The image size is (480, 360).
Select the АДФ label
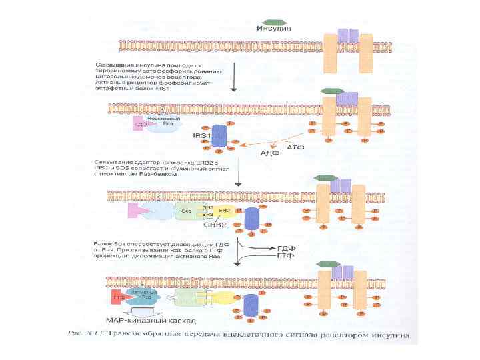(x=268, y=152)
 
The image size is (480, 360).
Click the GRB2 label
(x=213, y=225)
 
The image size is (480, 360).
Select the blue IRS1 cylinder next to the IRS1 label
(x=219, y=136)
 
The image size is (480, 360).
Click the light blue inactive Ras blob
(x=161, y=123)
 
